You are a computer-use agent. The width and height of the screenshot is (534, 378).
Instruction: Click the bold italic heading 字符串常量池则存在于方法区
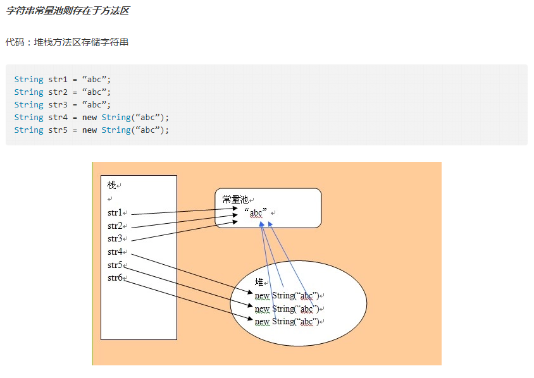click(68, 11)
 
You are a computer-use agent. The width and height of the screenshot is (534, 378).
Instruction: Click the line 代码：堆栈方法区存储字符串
click(68, 42)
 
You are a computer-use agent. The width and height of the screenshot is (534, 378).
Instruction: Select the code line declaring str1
click(63, 80)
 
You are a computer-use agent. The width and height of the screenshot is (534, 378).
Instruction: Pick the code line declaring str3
click(63, 105)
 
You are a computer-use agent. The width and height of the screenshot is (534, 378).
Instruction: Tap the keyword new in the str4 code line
click(90, 118)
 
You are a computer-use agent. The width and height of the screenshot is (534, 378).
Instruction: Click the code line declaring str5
click(92, 130)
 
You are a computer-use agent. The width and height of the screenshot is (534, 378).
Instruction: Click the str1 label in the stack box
click(115, 213)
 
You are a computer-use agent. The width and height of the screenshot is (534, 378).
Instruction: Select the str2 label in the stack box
click(115, 226)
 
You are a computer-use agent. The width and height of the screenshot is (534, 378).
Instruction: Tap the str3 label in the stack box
click(115, 239)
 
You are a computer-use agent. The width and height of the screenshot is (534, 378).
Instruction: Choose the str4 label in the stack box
click(115, 252)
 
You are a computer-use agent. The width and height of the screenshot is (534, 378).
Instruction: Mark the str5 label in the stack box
click(115, 265)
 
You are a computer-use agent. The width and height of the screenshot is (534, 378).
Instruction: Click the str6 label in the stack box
click(115, 278)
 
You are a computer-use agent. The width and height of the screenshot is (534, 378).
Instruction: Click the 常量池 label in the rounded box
click(235, 199)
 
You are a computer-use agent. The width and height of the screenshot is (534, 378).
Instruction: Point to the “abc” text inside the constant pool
click(256, 212)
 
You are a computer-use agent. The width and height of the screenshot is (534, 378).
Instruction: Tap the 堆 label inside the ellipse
click(259, 282)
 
